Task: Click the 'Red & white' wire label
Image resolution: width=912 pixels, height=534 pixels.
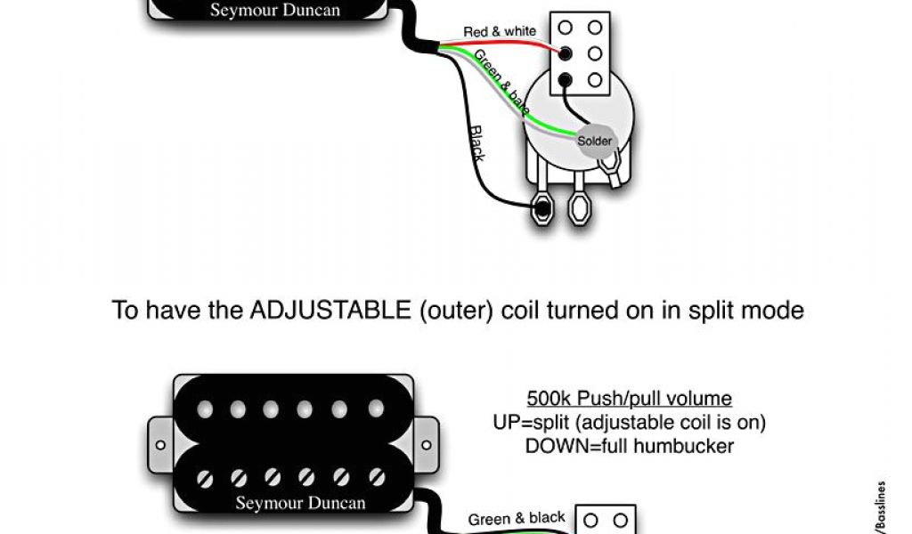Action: click(x=500, y=32)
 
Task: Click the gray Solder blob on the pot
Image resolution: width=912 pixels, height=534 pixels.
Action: click(x=594, y=141)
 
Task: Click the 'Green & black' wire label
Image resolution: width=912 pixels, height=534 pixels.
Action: click(x=517, y=518)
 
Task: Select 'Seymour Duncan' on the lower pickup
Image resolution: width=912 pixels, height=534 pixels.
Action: click(x=300, y=503)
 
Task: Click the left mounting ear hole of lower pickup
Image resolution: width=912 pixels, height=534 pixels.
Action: click(x=161, y=443)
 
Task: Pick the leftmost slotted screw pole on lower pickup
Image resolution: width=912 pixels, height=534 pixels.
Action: click(x=206, y=477)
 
